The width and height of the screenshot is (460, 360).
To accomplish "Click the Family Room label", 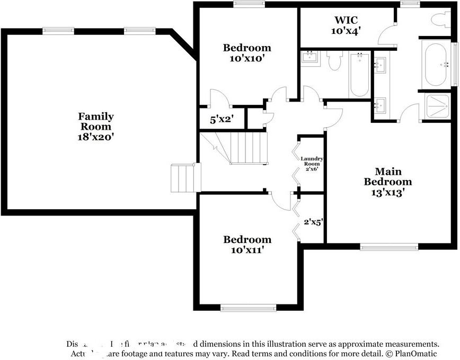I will tap(96, 121).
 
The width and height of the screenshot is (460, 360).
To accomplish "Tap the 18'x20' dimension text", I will tap(96, 137).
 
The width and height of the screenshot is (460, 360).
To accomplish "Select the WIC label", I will tap(346, 20).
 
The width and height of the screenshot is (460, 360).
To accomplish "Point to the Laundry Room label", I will tap(312, 161).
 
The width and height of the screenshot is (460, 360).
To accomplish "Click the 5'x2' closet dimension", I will tap(221, 120).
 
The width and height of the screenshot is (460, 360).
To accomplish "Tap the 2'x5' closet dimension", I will tap(314, 222).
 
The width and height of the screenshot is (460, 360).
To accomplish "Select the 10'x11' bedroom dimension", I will tap(247, 249).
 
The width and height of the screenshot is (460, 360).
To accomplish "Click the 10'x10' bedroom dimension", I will tap(247, 58).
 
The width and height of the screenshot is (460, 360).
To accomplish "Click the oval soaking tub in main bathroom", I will tap(436, 65).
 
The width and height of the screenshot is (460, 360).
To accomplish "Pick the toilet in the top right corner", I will tap(440, 20).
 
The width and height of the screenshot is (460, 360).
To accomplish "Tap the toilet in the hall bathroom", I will tap(334, 61).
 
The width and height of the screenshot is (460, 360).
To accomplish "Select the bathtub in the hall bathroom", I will tap(359, 74).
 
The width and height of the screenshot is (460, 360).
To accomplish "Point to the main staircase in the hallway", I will tap(248, 148).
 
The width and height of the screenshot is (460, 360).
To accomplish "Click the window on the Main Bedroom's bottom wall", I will tap(389, 246).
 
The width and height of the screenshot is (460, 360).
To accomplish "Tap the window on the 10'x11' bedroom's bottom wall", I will tap(248, 308).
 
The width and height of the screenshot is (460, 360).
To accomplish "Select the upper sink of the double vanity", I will tap(380, 65).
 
